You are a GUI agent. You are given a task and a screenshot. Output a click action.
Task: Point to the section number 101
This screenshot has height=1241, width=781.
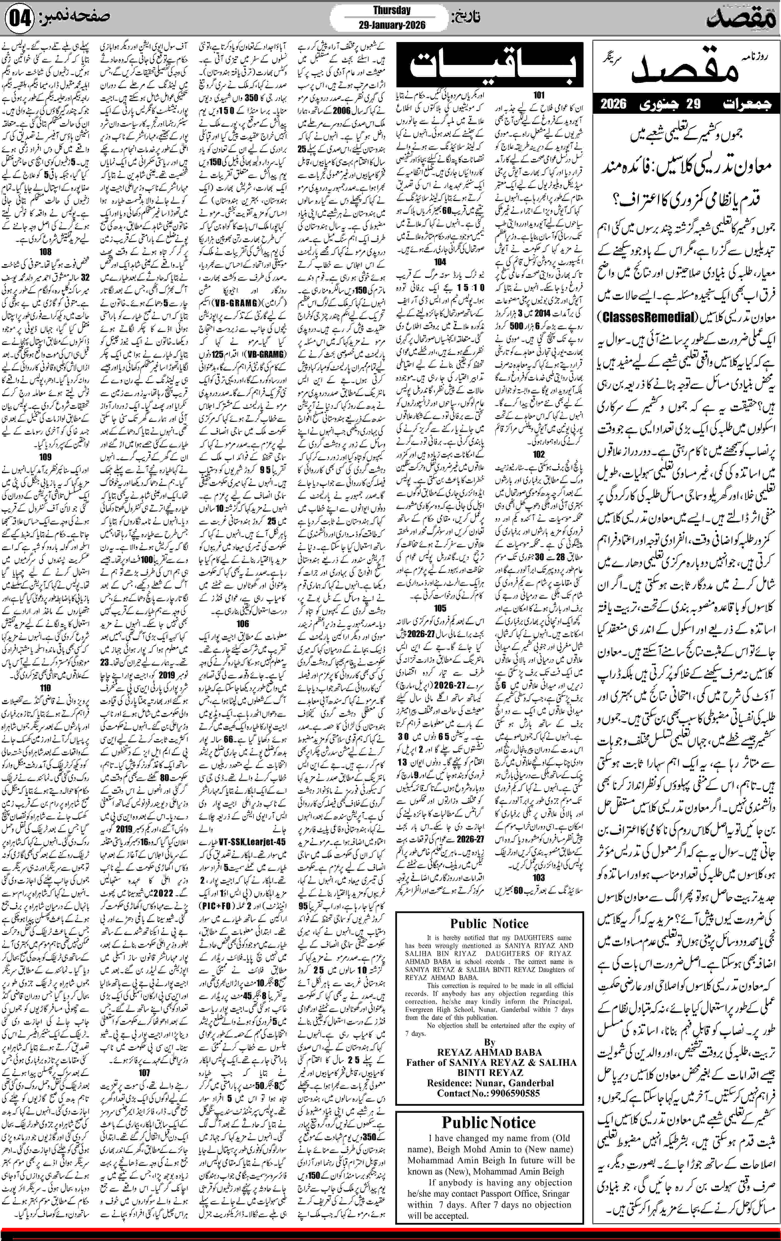(x=539, y=95)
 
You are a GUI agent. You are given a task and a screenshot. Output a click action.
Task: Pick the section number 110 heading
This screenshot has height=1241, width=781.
(x=45, y=687)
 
